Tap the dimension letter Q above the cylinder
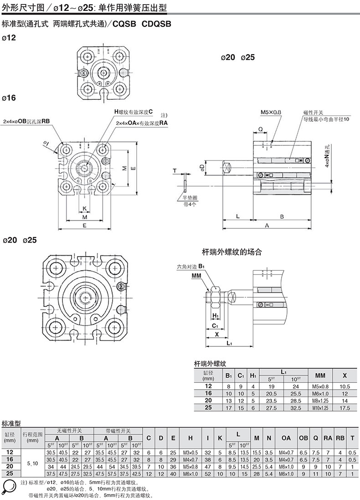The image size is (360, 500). coord(260,129)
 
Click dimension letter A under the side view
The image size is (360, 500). coord(267,225)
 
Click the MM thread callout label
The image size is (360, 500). coord(196,276)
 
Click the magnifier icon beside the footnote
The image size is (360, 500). coord(9,488)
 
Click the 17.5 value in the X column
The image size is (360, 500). coord(345,407)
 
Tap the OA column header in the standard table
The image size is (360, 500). coord(286,438)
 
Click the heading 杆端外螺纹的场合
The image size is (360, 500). coord(232,251)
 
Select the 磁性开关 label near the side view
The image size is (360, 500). coord(313,113)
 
